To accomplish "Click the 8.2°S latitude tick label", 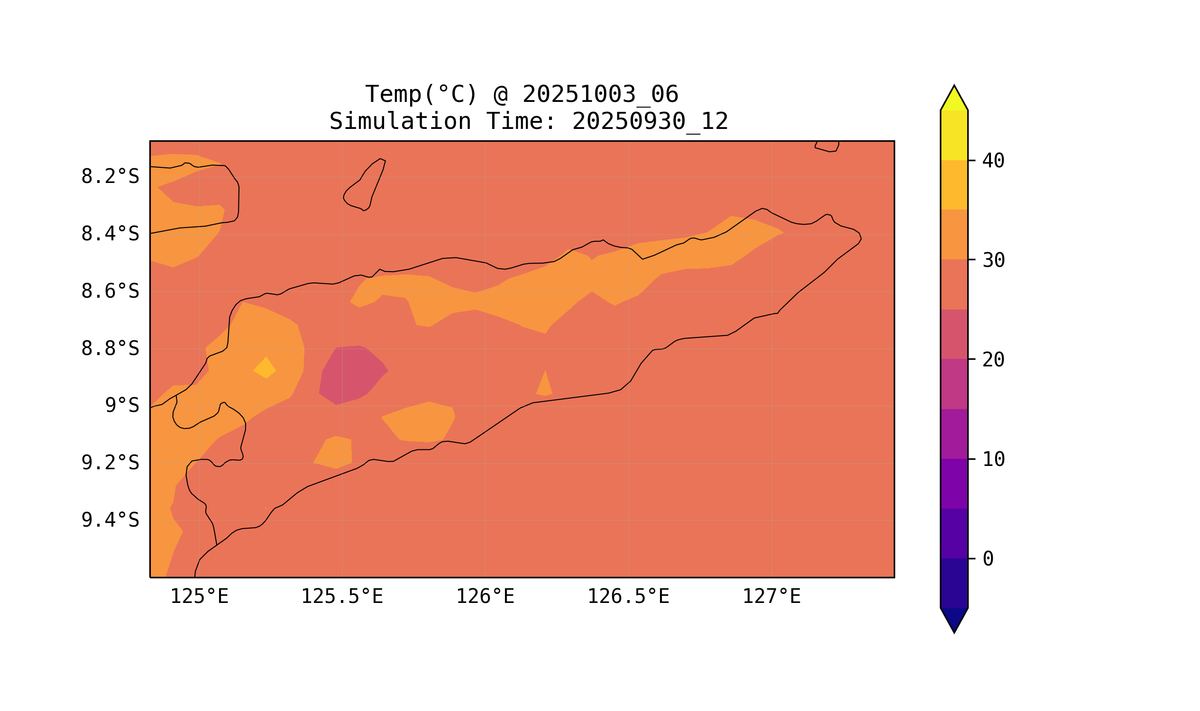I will [x=110, y=177].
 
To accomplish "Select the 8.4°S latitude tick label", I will [x=110, y=234].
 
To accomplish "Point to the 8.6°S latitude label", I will [x=110, y=292].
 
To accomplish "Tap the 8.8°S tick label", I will [x=110, y=349].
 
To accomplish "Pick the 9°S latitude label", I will [x=122, y=406].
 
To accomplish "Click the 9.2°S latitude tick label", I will [x=110, y=463].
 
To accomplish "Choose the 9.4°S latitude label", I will [x=110, y=520].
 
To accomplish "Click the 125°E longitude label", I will [x=199, y=597].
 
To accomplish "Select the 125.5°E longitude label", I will [x=342, y=597].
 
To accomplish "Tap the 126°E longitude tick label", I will [x=485, y=597].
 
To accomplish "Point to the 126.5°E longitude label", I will [x=628, y=597].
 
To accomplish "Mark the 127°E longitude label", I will [x=771, y=597].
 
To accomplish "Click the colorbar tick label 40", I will [x=993, y=161].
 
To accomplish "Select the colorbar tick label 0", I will [x=988, y=559].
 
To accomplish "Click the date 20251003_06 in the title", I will [x=600, y=94].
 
